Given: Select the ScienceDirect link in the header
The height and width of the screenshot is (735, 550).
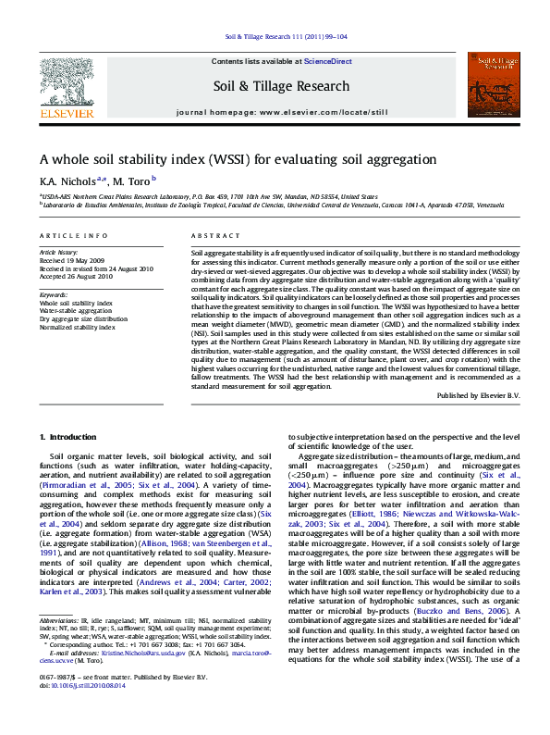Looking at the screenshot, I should (329, 61).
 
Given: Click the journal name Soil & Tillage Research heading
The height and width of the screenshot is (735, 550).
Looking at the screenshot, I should (282, 87).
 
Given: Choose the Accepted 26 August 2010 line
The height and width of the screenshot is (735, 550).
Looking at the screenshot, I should (76, 276).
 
